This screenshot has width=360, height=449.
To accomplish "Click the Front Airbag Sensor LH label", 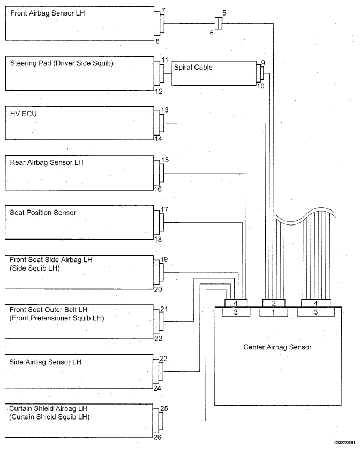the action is tap(48, 13).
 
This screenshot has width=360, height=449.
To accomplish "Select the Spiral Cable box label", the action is tap(193, 68).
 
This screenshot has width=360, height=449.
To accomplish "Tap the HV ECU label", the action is tap(24, 114).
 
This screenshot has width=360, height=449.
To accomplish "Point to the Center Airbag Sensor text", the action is tap(277, 347).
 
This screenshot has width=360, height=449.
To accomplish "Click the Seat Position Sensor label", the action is tap(43, 213).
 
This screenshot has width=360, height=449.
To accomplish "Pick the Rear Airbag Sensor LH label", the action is tap(47, 163).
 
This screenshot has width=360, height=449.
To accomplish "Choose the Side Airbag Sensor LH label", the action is tap(45, 362).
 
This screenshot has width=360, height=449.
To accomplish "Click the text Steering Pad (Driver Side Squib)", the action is tap(62, 63).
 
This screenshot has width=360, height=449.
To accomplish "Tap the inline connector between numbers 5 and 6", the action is tap(219, 23).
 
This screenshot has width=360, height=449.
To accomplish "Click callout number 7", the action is tap(163, 10).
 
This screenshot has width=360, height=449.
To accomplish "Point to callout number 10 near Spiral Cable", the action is tap(260, 86).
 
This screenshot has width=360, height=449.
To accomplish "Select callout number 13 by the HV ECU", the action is tap(164, 110).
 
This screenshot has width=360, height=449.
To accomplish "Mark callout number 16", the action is tap(158, 189).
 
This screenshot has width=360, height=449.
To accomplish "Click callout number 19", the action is tap(164, 259).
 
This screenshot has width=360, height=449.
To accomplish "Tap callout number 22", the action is tap(158, 339).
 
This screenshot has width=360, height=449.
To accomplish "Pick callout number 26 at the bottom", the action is tap(157, 437).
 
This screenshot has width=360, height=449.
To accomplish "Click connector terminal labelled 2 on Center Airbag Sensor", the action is tap(274, 303).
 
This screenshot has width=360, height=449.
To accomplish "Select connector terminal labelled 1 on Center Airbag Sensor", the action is tap(274, 312).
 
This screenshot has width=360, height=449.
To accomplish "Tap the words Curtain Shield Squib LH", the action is tap(49, 417).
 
